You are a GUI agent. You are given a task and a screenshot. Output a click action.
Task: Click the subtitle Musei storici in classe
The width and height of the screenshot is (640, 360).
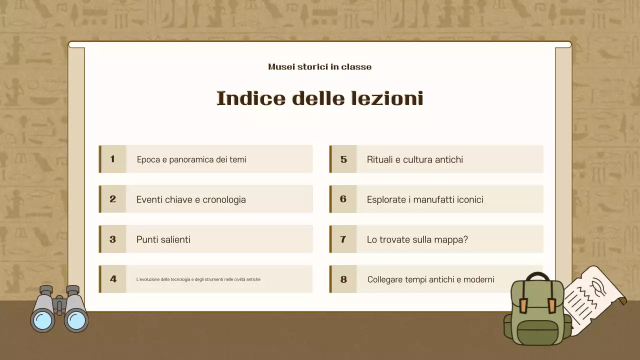coord(319,67)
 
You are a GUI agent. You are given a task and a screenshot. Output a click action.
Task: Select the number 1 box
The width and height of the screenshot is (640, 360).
coord(113,159)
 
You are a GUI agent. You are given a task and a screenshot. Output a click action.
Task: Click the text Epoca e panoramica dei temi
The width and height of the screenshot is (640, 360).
coord(191,159)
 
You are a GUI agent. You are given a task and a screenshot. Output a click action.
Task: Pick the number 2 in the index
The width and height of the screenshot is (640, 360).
coord(113,199)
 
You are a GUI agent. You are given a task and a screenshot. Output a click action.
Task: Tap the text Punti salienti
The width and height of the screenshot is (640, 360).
coord(163,239)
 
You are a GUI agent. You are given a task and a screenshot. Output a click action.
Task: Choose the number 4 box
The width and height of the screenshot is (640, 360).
coord(113,279)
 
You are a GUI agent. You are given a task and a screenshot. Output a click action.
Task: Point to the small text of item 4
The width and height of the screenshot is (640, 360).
coord(198,279)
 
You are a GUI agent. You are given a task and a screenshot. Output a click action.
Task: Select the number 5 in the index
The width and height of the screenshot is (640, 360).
coord(343,159)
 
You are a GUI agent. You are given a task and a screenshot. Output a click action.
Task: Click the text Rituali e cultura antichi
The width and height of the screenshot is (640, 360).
coord(415,159)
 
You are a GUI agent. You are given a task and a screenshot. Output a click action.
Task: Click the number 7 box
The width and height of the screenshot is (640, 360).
coord(343,239)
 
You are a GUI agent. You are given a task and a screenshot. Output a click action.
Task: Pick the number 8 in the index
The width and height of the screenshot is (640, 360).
coord(343,279)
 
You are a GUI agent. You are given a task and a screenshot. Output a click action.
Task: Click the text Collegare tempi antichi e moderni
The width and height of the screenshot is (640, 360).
coord(430,279)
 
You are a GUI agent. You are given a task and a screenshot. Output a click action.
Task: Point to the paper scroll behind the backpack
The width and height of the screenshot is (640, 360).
coord(595,295)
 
